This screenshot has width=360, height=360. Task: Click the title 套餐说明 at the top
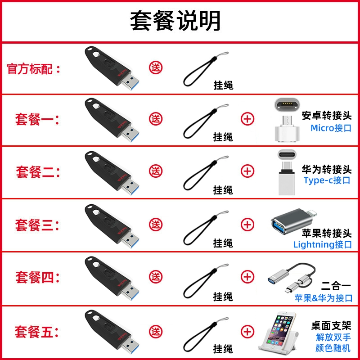[x=175, y=21]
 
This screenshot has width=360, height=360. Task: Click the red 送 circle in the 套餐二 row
[x=156, y=171]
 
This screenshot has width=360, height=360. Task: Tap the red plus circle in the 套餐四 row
[x=247, y=277]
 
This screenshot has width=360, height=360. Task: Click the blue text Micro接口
[x=331, y=128]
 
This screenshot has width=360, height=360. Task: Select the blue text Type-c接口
[x=327, y=180]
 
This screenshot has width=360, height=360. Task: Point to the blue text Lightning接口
[x=323, y=244]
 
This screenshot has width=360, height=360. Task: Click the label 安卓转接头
[x=327, y=116]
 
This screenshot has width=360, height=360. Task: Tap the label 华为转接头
[x=327, y=170]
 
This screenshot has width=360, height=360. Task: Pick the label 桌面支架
[x=331, y=326]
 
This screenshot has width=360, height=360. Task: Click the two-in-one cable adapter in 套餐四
[x=292, y=278]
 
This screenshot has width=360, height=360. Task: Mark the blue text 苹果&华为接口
[x=324, y=298]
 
